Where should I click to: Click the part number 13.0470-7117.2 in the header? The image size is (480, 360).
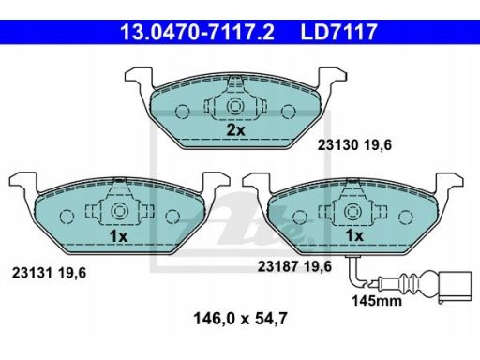[x=197, y=32]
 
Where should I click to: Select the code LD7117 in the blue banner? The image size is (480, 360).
[x=338, y=32]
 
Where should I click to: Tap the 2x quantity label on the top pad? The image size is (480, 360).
[x=235, y=130]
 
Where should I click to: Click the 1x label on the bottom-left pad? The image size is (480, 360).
[x=118, y=236]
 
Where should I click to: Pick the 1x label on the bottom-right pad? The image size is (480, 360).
[x=354, y=236]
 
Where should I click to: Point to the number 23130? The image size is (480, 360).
[x=337, y=145]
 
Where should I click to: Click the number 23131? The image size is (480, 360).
[x=32, y=273]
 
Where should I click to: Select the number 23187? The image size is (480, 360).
[x=277, y=266]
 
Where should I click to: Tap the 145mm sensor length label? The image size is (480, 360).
[x=377, y=301]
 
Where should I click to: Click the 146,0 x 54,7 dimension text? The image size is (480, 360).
[x=240, y=319]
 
